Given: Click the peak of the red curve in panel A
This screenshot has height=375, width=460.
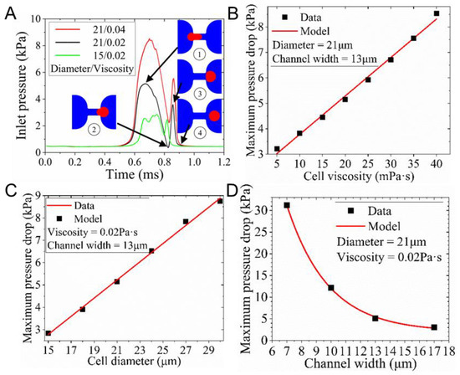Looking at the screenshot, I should pos(149,39).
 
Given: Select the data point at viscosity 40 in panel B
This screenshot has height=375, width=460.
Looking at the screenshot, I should pos(436,13).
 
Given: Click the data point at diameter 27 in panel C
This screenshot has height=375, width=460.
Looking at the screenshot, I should pos(186,222).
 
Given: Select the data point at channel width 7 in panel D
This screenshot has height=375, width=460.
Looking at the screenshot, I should pos(287,205).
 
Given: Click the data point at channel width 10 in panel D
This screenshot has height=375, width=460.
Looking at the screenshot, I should pos(331,288).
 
